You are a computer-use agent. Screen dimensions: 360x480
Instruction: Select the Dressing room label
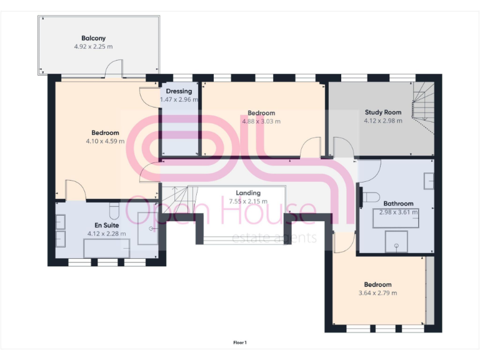[179, 91]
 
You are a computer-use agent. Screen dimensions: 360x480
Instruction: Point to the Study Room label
[383, 112]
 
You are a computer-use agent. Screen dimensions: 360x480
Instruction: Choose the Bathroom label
[398, 204]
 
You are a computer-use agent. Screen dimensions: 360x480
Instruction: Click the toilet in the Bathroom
[370, 197]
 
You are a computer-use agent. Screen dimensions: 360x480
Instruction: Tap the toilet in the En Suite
[113, 209]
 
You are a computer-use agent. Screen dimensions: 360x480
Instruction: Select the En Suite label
[106, 225]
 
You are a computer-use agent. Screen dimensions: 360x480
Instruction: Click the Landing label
[248, 193]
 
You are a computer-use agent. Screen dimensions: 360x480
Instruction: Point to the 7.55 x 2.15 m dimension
[248, 201]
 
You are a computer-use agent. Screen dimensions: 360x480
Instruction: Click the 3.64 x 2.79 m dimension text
[377, 292]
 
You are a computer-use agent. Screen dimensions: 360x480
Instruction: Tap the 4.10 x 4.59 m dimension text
[105, 141]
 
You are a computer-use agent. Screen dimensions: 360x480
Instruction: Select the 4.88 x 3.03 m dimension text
[261, 121]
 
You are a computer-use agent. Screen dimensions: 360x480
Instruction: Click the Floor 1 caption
[240, 342]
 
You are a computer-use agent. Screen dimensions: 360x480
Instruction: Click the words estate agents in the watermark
[274, 238]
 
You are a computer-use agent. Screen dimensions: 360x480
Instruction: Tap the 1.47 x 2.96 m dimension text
[179, 99]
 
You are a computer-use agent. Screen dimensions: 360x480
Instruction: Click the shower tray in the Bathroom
[395, 242]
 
